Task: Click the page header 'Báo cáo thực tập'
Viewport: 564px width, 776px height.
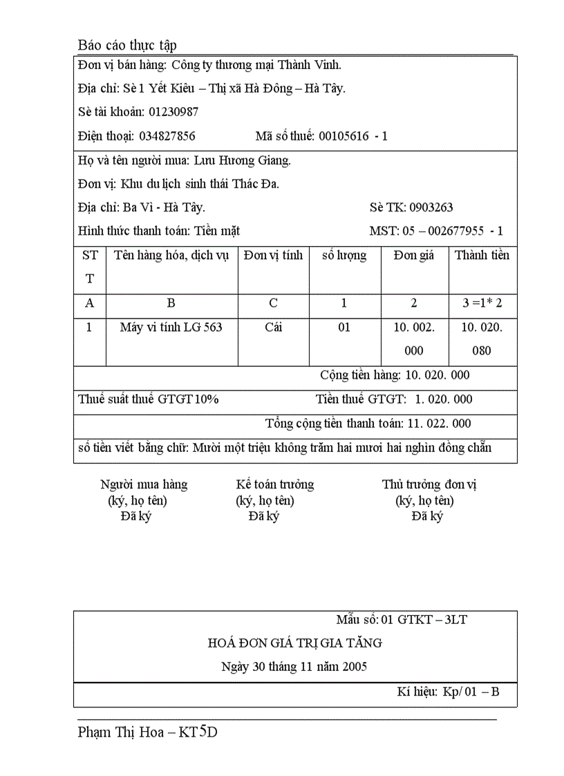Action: [127, 45]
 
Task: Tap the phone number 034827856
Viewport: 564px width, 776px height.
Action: [167, 136]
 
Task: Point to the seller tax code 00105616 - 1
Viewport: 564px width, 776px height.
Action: [353, 136]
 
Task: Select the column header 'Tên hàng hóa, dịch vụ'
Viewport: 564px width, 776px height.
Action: [171, 256]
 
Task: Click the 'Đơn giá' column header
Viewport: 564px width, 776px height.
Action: [414, 256]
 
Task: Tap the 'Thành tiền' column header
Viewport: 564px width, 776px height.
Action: [482, 256]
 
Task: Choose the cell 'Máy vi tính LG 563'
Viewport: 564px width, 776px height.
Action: [171, 328]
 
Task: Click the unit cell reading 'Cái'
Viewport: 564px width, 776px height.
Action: [274, 328]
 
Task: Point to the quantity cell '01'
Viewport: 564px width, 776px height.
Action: [344, 328]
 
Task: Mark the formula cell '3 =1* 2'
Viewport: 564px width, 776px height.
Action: [482, 303]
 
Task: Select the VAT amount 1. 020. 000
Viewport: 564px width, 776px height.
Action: [444, 399]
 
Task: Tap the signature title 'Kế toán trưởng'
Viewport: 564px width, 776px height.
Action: [275, 484]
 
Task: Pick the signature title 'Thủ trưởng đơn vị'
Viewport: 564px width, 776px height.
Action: [429, 484]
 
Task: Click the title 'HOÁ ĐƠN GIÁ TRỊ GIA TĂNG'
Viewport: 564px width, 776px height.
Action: [295, 643]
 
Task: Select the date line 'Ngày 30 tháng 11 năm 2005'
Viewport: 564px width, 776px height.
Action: [294, 667]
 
